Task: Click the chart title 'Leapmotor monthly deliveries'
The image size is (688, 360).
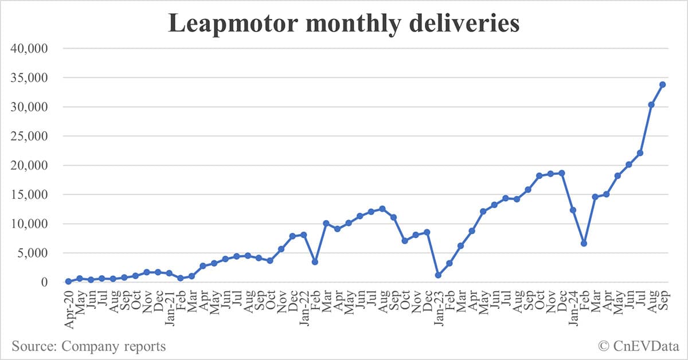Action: (344, 24)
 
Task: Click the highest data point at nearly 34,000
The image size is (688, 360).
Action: (662, 84)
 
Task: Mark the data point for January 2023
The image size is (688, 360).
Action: (438, 275)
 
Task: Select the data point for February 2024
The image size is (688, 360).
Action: (584, 243)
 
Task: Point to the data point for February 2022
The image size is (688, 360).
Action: (315, 261)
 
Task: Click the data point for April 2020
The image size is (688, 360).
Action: (68, 281)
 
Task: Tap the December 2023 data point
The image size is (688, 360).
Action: (561, 173)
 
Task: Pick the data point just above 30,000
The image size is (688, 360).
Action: (651, 104)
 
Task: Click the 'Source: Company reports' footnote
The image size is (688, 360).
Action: (88, 346)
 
